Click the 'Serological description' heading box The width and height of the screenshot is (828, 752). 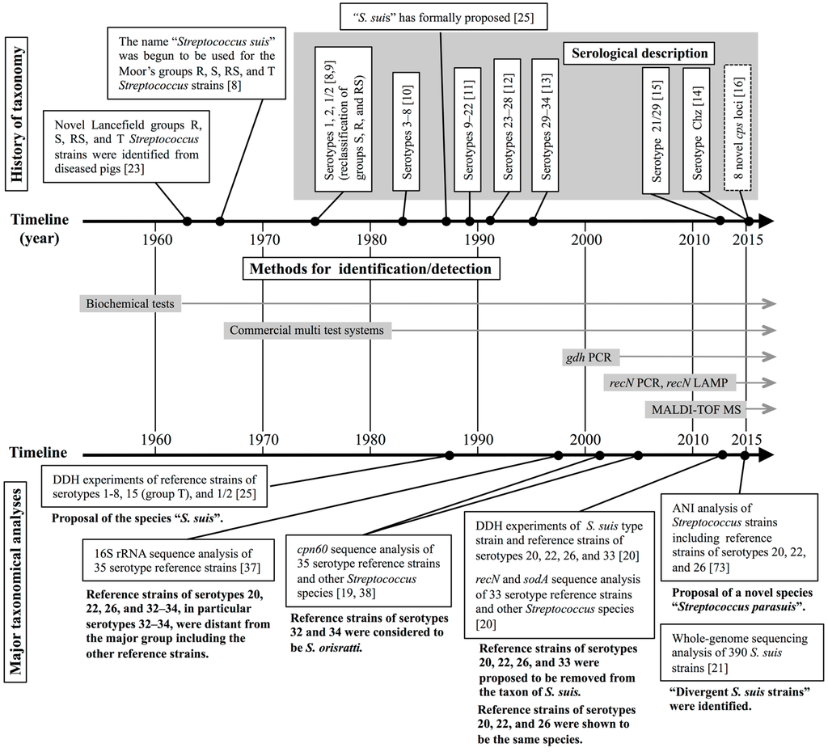click(639, 54)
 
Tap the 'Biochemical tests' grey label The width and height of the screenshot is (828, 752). click(131, 304)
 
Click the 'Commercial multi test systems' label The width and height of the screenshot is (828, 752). click(305, 331)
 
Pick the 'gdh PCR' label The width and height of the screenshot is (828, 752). click(589, 357)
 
